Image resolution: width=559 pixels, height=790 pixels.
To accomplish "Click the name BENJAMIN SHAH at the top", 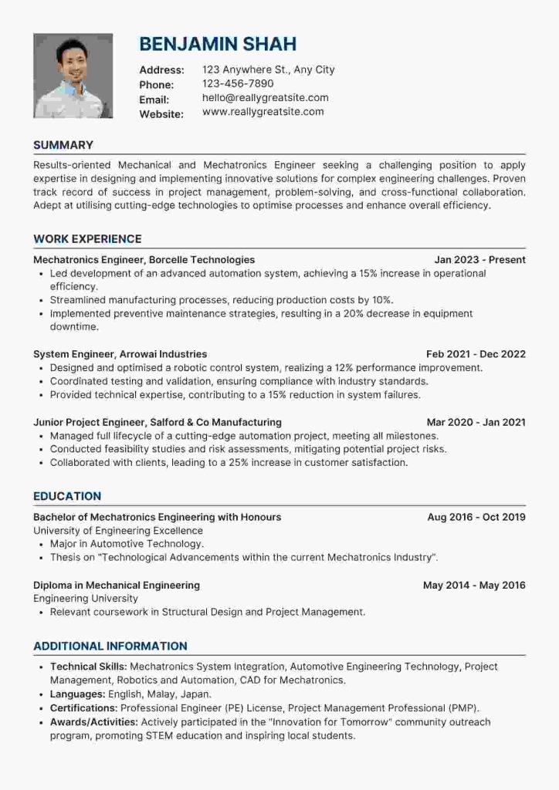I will tap(218, 43).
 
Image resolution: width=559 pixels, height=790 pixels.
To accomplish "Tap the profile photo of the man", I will tap(73, 76).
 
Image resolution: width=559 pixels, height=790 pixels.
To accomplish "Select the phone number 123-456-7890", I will tap(238, 83).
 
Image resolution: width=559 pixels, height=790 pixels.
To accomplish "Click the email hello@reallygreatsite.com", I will tap(265, 98).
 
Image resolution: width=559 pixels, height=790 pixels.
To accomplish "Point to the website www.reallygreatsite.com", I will tap(263, 112).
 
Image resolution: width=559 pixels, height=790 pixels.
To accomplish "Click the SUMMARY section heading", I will tap(63, 145).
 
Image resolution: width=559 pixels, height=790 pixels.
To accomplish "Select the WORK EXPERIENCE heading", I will tap(87, 239).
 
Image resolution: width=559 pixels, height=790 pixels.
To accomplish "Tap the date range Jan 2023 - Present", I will tap(479, 260).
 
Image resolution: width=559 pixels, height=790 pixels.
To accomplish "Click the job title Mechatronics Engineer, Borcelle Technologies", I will tap(144, 260).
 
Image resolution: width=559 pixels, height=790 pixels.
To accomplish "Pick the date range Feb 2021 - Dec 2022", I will tap(476, 354).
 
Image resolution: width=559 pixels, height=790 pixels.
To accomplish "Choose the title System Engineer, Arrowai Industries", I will tap(120, 354).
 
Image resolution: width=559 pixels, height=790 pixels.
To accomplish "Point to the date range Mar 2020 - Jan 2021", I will tap(476, 422).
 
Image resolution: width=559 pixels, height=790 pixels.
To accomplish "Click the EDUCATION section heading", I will tap(67, 496).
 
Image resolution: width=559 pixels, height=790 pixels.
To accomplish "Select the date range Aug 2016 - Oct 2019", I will tap(476, 517).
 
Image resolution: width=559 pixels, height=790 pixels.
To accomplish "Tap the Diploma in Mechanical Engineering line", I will tap(117, 585).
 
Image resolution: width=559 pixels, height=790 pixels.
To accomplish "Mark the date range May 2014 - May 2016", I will tap(474, 585).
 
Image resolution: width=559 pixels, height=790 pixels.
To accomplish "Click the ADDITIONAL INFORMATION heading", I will tap(110, 646).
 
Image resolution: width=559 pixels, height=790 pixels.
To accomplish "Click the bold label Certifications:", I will tap(83, 707).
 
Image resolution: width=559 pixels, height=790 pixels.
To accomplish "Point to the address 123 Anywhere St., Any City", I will tap(268, 69).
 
